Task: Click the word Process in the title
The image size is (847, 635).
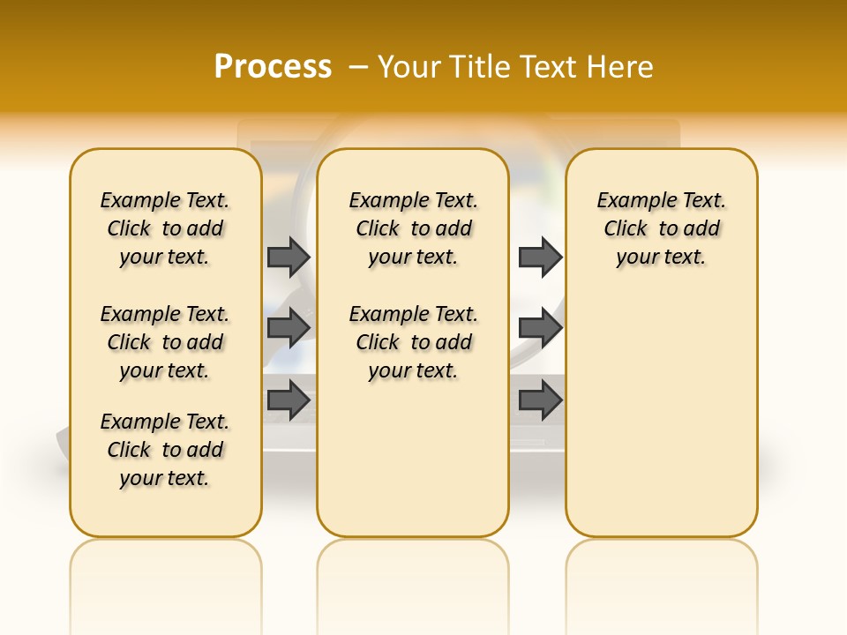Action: pos(273,67)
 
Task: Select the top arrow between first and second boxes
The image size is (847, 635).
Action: pos(289,257)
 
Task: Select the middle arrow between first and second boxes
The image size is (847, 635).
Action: pos(289,328)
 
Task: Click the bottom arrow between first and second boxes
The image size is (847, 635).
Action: pos(289,400)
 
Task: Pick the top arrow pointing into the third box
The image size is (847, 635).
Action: pos(540,257)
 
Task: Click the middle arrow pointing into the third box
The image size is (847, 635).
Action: pos(540,328)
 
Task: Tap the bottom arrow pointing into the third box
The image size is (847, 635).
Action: pos(540,400)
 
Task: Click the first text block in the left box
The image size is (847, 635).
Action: pos(165,228)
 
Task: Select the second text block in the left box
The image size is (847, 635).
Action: pos(165,342)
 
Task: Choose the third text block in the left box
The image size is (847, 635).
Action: pos(165,450)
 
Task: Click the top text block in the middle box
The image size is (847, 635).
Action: pos(413,228)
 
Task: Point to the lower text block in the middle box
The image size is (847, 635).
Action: pos(413,342)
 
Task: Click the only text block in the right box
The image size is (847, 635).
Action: pos(661,228)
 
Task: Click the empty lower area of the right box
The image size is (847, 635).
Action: pos(661,423)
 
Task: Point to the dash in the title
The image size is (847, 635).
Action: pos(358,67)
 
